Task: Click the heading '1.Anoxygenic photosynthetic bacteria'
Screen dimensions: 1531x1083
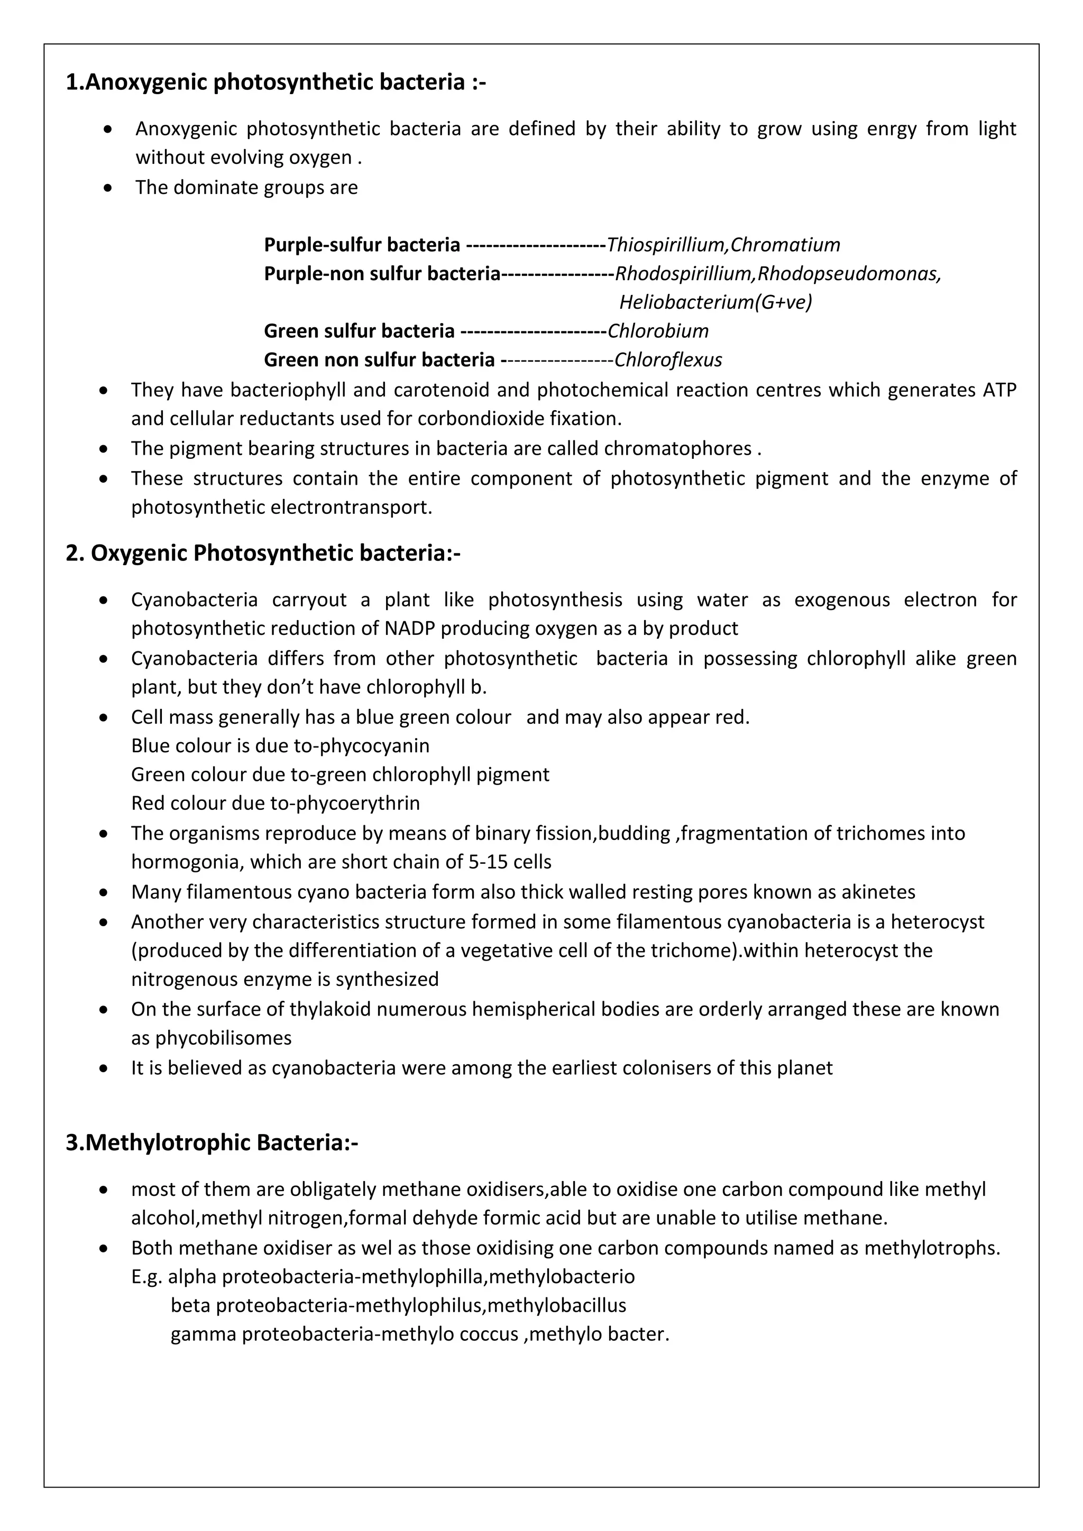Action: coord(276,82)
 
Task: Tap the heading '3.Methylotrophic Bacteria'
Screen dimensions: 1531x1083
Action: coord(212,1143)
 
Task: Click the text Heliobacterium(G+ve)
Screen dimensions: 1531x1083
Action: coord(715,302)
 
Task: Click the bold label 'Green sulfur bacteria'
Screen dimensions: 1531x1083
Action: coord(359,331)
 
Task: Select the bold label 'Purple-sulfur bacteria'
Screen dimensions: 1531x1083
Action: coord(362,245)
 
